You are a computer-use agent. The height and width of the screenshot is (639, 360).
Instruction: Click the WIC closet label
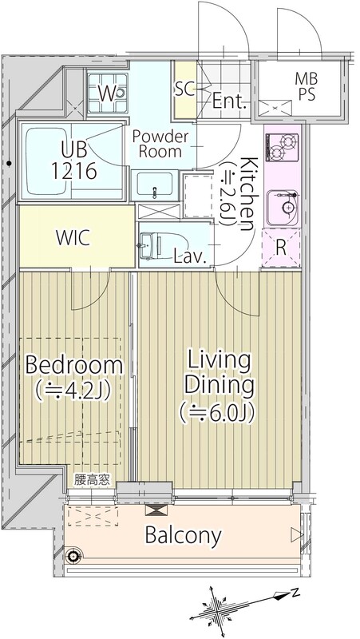coord(73,238)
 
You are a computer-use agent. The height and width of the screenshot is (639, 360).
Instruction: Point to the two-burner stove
coord(283,147)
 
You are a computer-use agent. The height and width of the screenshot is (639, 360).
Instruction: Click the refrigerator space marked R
coord(281,248)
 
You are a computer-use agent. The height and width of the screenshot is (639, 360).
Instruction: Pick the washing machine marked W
coord(107,93)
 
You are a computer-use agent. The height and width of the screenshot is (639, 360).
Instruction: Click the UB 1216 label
coord(74,161)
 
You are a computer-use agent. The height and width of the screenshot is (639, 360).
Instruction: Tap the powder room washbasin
coord(154,185)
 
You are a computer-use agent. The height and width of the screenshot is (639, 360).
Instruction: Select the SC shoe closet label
coord(185,89)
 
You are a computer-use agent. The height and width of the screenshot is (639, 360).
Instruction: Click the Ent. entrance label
coord(230,101)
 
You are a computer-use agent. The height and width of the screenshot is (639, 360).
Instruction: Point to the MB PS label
coord(307,86)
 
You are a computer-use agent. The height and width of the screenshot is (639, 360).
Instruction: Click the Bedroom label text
coord(74,365)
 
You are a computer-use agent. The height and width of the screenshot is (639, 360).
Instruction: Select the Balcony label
coord(184,535)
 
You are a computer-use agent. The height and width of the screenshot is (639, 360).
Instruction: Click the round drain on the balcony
coord(73,554)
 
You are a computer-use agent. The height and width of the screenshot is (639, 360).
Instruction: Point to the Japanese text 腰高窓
coord(92,480)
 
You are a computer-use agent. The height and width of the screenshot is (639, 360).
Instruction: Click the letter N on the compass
coord(295,593)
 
